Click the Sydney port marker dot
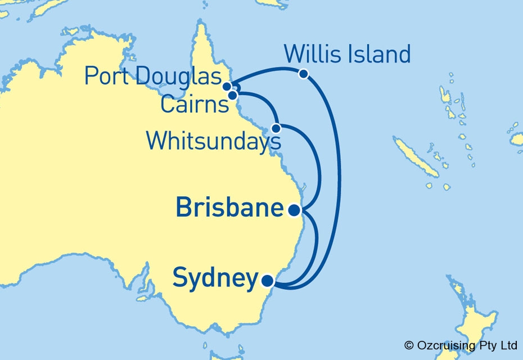[x=268, y=280]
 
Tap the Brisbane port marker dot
[x=294, y=210]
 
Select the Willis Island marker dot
[x=303, y=74]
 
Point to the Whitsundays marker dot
[x=276, y=128]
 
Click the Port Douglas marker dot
[x=227, y=86]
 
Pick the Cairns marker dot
[x=232, y=95]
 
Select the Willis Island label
[x=347, y=55]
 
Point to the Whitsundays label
[x=213, y=141]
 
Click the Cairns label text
[x=194, y=105]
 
